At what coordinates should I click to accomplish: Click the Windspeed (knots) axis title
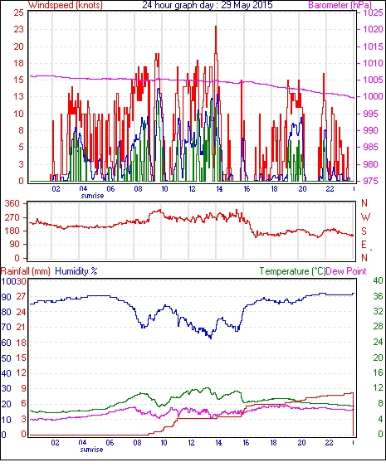66,5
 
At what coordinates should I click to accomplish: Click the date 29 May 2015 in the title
247,5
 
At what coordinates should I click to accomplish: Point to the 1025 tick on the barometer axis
373,12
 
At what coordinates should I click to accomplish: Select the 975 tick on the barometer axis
373,181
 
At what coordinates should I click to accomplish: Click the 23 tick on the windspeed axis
18,29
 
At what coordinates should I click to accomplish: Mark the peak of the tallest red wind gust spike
216,27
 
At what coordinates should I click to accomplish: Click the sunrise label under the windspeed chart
92,196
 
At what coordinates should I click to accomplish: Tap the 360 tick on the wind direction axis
12,204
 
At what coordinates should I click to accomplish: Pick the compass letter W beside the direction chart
365,216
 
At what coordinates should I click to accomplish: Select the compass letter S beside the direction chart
364,231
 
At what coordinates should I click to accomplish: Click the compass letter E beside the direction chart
364,245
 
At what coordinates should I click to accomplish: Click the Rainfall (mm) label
26,271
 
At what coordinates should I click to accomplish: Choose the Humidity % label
76,271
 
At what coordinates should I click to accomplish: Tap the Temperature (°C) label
292,271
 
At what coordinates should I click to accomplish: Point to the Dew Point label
346,271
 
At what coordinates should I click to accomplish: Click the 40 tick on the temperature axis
378,280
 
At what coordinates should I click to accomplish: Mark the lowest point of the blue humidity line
211,338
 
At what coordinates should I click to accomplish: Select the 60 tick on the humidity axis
7,343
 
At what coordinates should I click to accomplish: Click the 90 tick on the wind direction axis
15,245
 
